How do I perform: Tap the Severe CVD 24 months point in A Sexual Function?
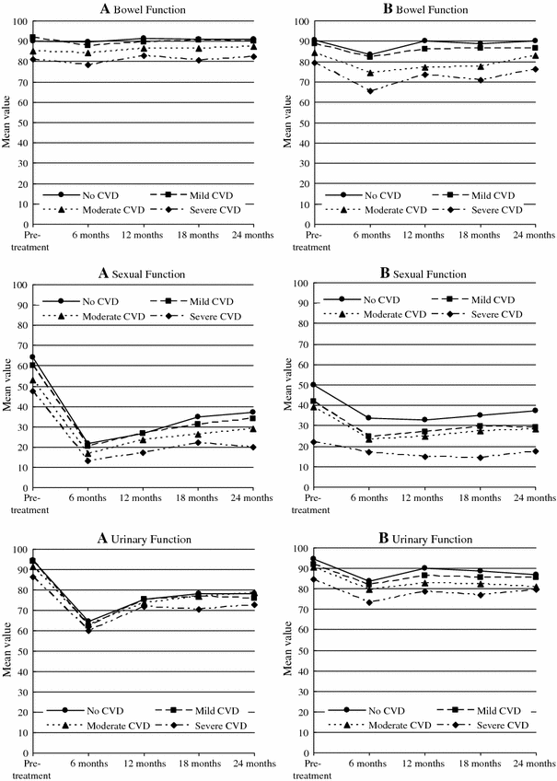(252, 447)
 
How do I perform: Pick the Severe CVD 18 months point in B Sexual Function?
(480, 458)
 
